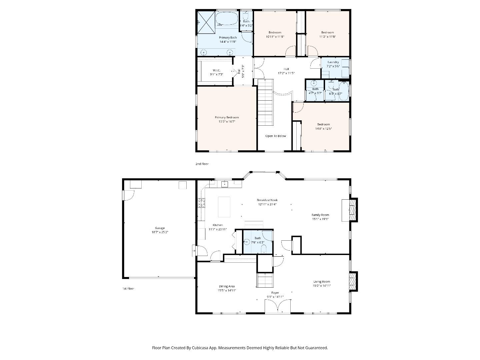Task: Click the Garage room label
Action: (160, 228)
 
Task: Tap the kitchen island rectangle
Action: (224, 207)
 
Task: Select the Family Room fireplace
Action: (352, 209)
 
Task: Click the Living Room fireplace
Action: (353, 281)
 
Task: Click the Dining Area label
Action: (227, 286)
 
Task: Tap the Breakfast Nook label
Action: (267, 200)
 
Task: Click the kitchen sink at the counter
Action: (225, 184)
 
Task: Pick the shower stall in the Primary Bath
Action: (206, 22)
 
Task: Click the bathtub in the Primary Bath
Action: (227, 19)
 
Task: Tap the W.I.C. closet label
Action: (216, 70)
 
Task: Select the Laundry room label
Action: (333, 62)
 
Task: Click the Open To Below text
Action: (275, 136)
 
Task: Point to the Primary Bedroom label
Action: (227, 117)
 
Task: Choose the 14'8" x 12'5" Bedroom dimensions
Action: (323, 129)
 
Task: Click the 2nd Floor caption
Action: (202, 164)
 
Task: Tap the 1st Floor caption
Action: (128, 289)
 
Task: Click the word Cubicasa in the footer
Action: (203, 348)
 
